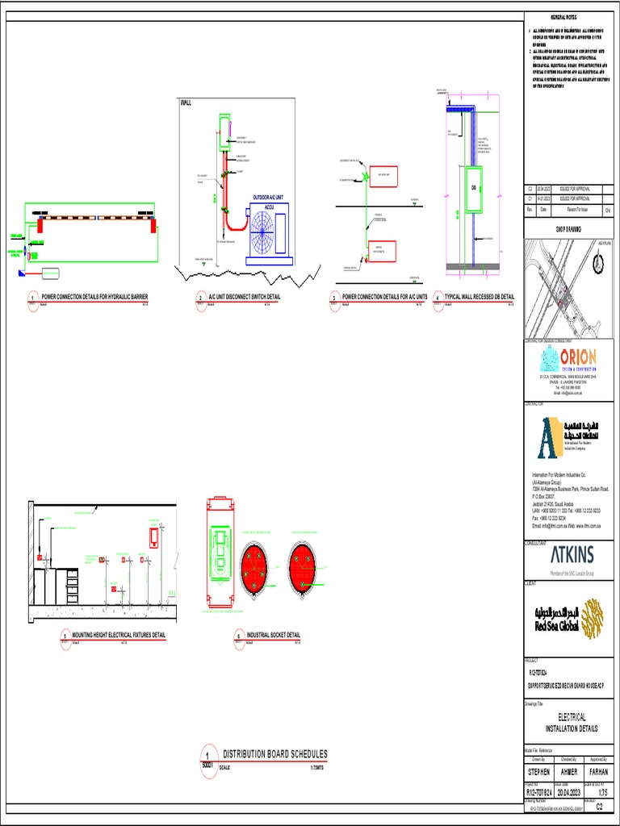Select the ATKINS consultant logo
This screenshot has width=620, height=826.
(572, 555)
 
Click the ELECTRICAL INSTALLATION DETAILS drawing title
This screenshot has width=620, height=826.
(572, 722)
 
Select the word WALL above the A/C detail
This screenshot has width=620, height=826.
(186, 104)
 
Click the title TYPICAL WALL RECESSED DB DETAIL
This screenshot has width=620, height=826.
(479, 297)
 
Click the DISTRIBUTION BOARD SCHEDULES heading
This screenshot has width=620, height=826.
(274, 754)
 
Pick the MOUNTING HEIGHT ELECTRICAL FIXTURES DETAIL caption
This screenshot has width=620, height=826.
(119, 635)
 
